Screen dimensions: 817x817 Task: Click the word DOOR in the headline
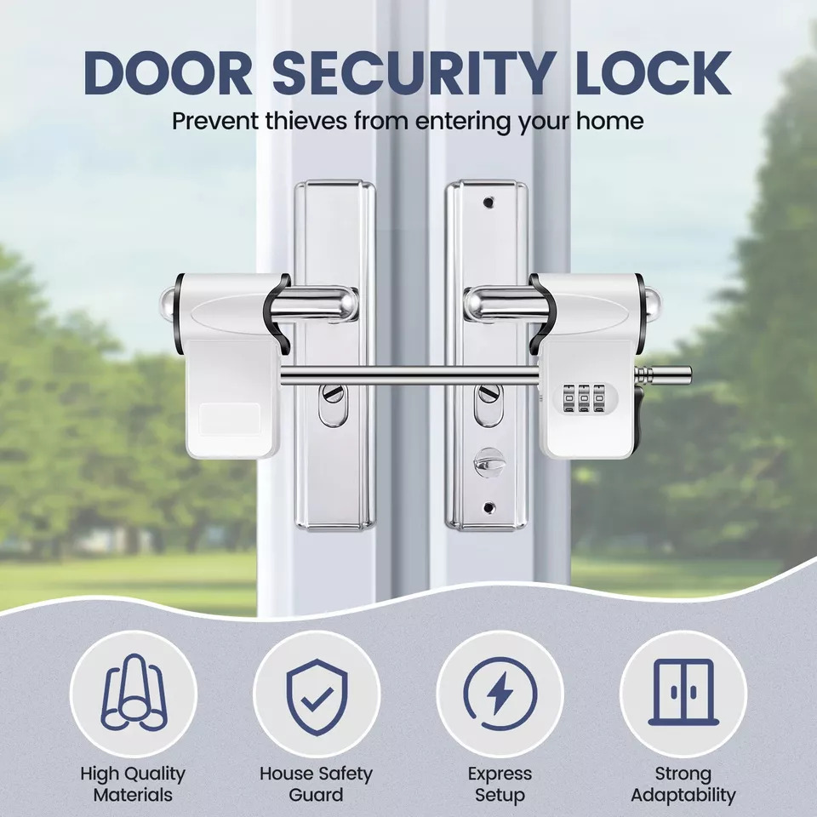click(x=168, y=73)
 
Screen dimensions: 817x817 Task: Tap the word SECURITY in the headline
click(x=413, y=73)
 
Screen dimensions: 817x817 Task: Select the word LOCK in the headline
click(x=653, y=73)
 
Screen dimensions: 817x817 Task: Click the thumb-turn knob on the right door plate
click(x=488, y=461)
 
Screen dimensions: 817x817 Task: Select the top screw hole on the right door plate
click(x=488, y=202)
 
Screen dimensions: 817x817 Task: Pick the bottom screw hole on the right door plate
click(x=488, y=506)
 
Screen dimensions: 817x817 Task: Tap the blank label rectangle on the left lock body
click(x=230, y=419)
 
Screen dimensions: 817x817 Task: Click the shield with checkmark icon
click(x=317, y=697)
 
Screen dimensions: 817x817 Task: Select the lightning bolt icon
click(x=500, y=694)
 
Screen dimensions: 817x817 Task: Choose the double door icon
click(x=683, y=692)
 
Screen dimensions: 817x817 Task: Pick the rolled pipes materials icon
click(x=134, y=693)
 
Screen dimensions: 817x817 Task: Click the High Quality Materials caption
click(x=133, y=784)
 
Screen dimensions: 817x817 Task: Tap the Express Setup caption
click(x=500, y=784)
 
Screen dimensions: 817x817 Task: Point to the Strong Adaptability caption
click(x=683, y=784)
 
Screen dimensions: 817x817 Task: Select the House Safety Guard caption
click(x=317, y=784)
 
